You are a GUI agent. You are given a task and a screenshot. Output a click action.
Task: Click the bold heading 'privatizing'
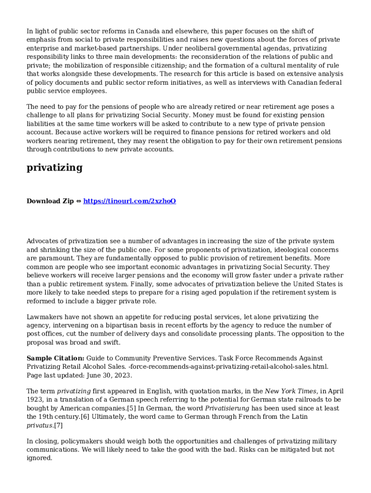click(x=54, y=168)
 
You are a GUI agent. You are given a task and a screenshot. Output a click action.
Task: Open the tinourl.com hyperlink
click(x=130, y=201)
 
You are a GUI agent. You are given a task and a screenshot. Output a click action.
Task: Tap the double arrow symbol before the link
click(x=79, y=201)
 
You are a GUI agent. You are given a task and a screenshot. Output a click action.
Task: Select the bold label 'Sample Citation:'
click(x=55, y=358)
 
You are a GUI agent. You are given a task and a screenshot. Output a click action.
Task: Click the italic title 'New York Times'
click(x=291, y=391)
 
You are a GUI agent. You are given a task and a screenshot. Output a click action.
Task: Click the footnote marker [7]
click(x=58, y=426)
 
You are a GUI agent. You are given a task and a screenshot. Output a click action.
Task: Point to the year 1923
click(x=35, y=400)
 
